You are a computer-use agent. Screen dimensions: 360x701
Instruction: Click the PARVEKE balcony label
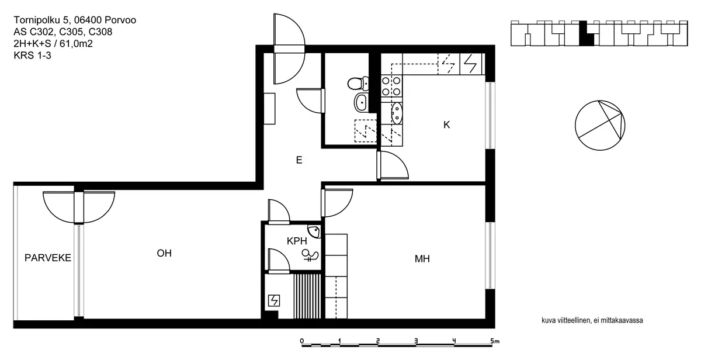(x=48, y=258)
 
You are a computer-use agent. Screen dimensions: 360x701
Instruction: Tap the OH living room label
(x=165, y=253)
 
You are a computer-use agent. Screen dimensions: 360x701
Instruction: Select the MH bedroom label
(x=422, y=258)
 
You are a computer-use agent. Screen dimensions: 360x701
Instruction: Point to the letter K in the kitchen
(x=447, y=124)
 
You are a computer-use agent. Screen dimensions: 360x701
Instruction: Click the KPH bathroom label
(x=297, y=241)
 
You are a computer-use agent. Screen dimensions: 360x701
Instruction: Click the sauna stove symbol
(x=273, y=301)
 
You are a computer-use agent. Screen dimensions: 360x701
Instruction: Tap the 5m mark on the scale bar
(x=495, y=340)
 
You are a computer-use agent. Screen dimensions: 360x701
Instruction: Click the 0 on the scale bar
(x=301, y=340)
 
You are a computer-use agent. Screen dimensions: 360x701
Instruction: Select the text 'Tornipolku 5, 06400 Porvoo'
(x=75, y=21)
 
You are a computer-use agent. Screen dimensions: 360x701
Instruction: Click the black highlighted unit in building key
(x=585, y=34)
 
